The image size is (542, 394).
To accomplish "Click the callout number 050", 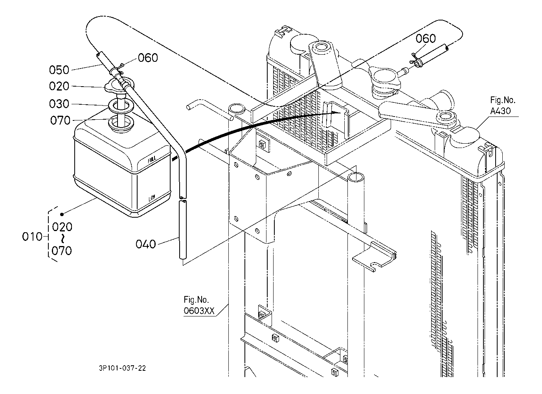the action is [x=59, y=70].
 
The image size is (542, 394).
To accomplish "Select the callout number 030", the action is [x=59, y=104].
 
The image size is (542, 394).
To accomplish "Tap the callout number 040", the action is [x=146, y=244].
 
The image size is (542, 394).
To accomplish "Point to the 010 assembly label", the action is [x=32, y=237].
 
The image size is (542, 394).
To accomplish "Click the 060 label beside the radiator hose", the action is [x=426, y=39].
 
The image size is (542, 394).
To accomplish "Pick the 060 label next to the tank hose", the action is [x=148, y=58].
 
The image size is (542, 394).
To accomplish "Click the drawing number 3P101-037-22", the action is [x=123, y=368].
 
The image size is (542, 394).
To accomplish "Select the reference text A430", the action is [x=500, y=111].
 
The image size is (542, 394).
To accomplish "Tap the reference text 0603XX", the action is [x=199, y=311].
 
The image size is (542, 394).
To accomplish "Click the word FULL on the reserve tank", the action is [x=152, y=160].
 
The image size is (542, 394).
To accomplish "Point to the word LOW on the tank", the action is [x=152, y=198].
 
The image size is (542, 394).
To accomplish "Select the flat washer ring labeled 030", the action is [x=121, y=106].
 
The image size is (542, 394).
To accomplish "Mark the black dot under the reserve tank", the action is [x=62, y=214].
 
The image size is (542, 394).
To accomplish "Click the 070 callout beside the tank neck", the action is [x=60, y=120].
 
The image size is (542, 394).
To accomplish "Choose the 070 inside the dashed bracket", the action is [x=62, y=251].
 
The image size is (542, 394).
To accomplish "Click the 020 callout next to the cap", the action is [x=59, y=86].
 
